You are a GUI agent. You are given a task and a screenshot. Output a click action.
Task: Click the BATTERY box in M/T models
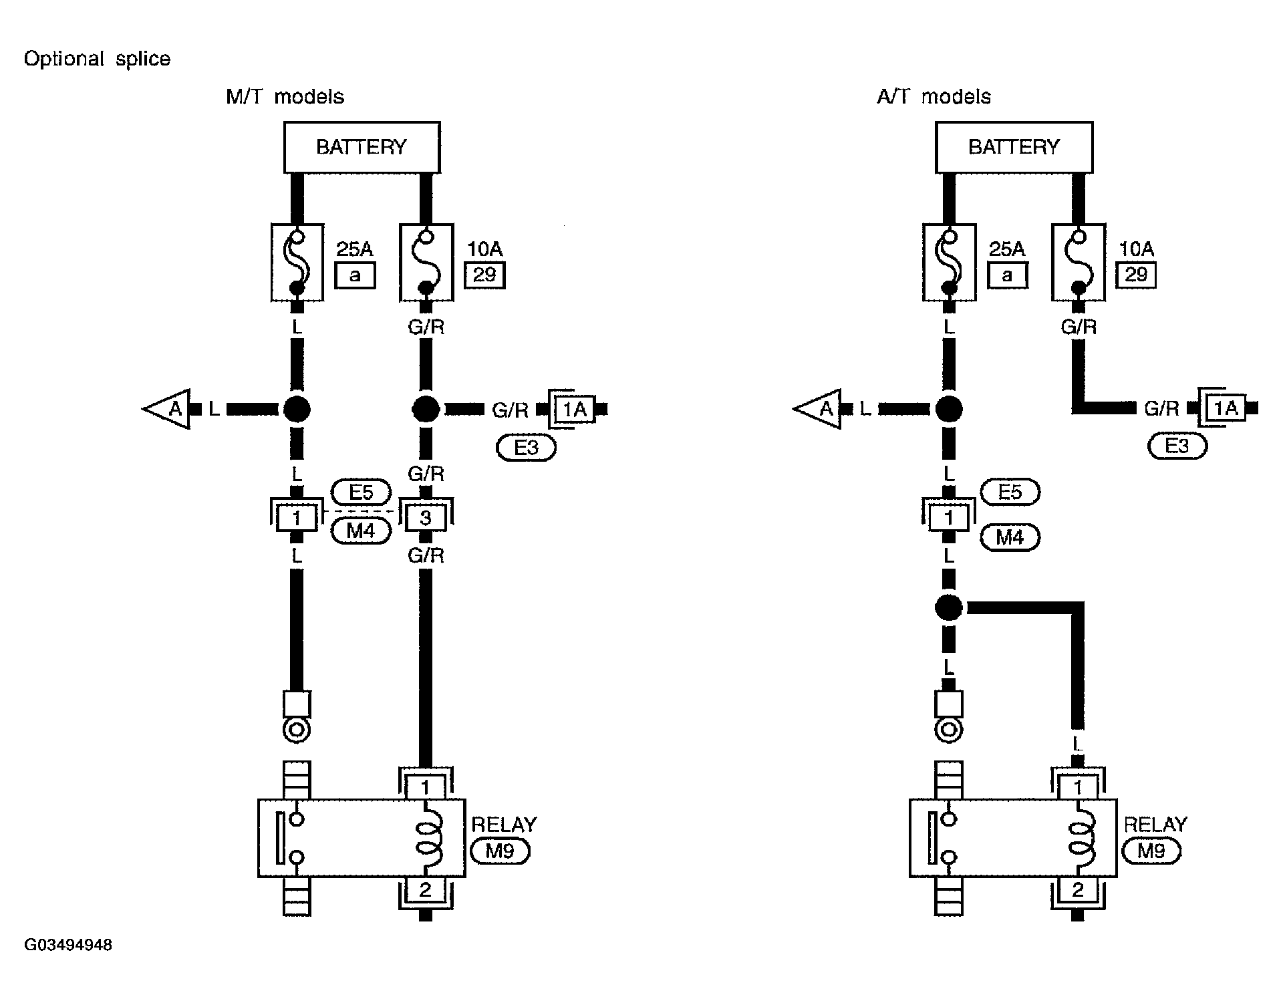point(362,147)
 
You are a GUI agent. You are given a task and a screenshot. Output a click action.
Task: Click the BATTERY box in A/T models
point(1014,147)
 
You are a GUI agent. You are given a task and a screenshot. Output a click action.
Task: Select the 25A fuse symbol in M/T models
point(297,262)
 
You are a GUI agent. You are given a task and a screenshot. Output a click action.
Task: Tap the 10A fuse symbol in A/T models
point(1078,262)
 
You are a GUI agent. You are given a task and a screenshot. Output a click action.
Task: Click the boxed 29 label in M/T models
point(485,275)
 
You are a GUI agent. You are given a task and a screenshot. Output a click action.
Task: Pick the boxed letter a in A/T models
point(1007,275)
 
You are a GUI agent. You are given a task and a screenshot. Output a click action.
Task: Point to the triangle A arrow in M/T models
point(166,408)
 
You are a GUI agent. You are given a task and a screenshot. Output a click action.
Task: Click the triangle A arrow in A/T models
point(817,408)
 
